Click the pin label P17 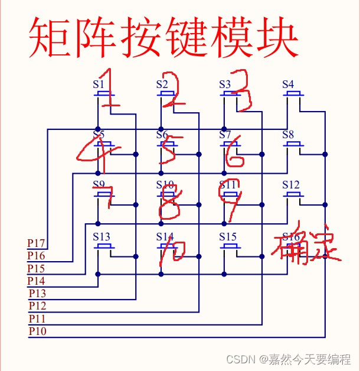coord(37,243)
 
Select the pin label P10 coord(37,331)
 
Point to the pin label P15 coord(37,268)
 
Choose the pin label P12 coord(37,305)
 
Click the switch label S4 coord(288,84)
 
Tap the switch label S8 coord(288,135)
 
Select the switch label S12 coord(291,185)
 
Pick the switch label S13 coord(102,236)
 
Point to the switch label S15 coord(228,236)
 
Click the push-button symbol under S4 coord(293,95)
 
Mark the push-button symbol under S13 coord(104,246)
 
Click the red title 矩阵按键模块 coord(164,37)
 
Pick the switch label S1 coord(99,84)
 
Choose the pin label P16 coord(37,256)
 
